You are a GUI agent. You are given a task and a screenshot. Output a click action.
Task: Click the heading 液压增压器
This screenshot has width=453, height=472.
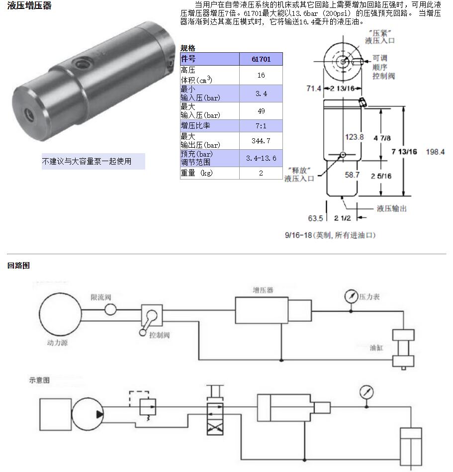29,6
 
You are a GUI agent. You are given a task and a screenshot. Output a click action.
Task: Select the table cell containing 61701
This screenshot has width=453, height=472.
261,59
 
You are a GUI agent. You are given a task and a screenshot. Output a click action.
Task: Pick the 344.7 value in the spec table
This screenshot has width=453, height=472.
261,141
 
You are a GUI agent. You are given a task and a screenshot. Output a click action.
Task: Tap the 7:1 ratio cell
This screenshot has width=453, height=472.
261,126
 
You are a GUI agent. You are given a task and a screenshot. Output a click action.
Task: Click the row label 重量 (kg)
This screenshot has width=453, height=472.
196,173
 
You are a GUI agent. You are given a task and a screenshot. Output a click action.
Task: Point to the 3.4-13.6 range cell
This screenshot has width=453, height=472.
261,158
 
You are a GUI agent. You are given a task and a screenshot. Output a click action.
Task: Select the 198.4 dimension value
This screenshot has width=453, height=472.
435,152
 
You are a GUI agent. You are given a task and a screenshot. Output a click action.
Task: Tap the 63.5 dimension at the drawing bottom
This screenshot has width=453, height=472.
315,218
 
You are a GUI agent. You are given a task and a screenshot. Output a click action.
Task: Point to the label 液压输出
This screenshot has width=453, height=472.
392,208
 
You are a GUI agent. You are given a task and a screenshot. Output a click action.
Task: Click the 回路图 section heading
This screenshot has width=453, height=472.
18,266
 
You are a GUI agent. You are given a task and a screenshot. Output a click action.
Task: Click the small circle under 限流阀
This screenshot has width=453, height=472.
110,310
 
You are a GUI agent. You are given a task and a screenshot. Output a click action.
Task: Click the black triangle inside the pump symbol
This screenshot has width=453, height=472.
99,414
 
